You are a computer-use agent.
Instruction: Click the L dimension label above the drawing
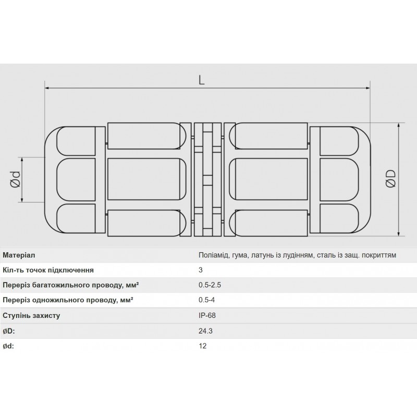tap(202, 80)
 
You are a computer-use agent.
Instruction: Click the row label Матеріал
tap(19, 255)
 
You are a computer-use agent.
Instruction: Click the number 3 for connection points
tap(201, 271)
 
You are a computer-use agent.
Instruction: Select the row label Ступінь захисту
tap(32, 316)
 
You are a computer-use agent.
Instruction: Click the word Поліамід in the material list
tap(214, 255)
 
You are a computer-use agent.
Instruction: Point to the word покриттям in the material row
tap(379, 255)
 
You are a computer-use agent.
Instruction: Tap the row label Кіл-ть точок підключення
tap(48, 271)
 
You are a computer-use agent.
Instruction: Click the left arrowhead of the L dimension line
tap(47, 89)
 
